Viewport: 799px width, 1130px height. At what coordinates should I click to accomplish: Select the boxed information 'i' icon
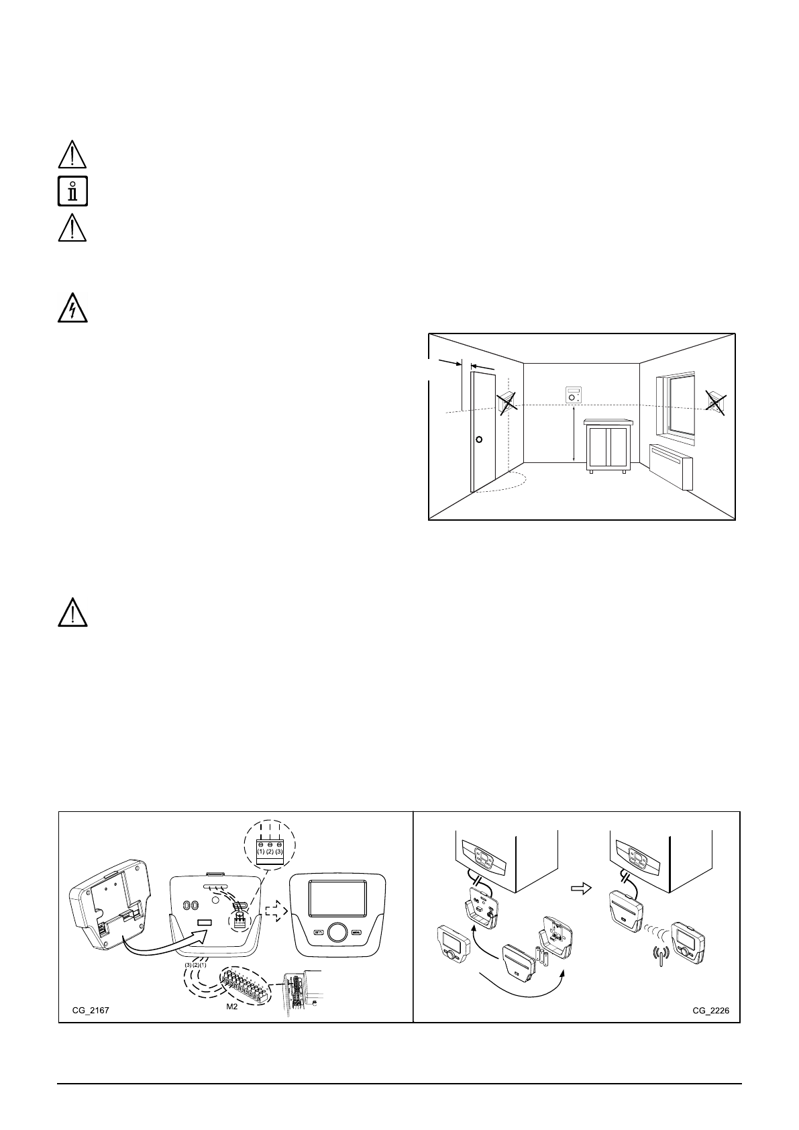pyautogui.click(x=73, y=191)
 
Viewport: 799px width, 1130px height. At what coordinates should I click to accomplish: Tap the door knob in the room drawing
pyautogui.click(x=478, y=440)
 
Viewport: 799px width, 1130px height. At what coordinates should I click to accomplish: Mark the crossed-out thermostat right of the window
pyautogui.click(x=716, y=402)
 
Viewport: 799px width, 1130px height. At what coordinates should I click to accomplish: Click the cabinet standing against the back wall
pyautogui.click(x=608, y=446)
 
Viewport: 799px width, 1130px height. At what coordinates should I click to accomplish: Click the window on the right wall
pyautogui.click(x=675, y=405)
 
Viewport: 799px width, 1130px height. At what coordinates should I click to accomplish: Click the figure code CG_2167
pyautogui.click(x=91, y=1009)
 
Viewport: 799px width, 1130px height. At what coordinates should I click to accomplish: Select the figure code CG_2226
pyautogui.click(x=711, y=1009)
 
